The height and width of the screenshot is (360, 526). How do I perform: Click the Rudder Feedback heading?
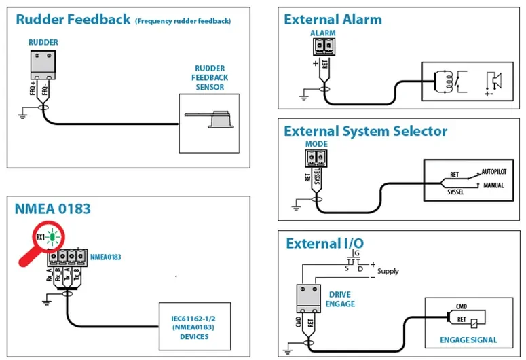[73, 20]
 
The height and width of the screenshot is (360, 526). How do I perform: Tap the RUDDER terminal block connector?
[43, 65]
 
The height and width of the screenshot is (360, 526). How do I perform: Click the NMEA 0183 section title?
[53, 209]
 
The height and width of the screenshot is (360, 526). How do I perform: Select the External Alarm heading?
[333, 20]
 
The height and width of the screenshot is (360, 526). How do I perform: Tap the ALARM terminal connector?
[324, 46]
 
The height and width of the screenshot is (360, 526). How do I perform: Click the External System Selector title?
[365, 131]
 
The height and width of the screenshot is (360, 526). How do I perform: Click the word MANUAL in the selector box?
[493, 185]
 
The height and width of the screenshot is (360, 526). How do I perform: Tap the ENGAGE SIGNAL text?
[469, 340]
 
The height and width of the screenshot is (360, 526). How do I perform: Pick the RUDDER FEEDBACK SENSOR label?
[211, 77]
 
